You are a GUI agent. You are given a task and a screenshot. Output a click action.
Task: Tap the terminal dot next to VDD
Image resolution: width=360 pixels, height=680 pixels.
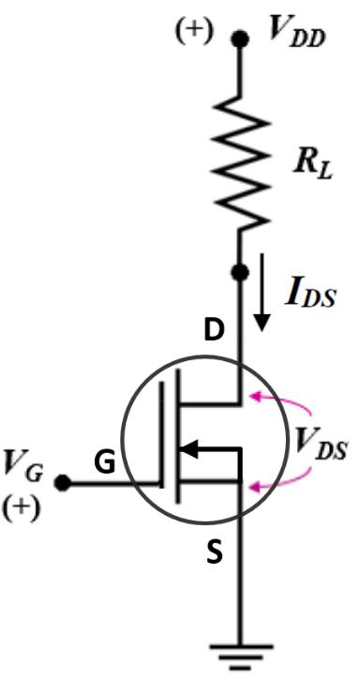[242, 38]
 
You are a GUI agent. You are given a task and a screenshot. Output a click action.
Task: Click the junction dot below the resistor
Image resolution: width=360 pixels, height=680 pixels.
[242, 273]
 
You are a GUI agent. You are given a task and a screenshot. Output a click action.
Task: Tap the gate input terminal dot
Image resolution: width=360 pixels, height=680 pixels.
[63, 484]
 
